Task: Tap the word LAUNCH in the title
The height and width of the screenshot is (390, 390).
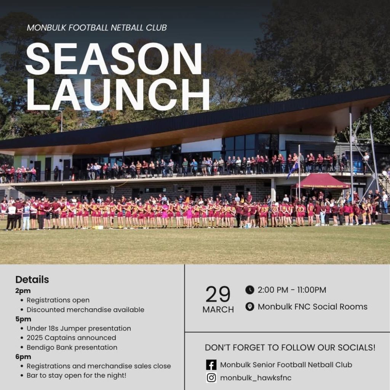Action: [118, 95]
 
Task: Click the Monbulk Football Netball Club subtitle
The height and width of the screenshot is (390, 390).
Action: [97, 27]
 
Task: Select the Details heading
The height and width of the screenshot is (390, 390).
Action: [32, 280]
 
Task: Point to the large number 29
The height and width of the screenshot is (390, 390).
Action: [218, 294]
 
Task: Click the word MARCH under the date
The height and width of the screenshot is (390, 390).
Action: [218, 309]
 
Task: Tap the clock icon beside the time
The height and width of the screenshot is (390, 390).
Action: [250, 290]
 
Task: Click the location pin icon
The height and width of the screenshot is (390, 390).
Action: [250, 306]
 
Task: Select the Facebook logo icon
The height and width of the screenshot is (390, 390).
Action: [211, 364]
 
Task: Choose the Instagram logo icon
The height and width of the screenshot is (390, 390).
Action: [211, 378]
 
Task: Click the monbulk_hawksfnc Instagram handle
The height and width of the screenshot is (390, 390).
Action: [256, 378]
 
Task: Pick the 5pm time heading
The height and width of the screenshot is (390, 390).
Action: [23, 319]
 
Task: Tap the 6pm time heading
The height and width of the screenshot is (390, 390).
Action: [23, 356]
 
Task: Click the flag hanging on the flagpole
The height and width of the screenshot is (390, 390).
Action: [293, 170]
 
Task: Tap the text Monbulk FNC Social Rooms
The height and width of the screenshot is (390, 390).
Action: [313, 306]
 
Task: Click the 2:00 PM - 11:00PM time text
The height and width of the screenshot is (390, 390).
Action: [292, 290]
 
